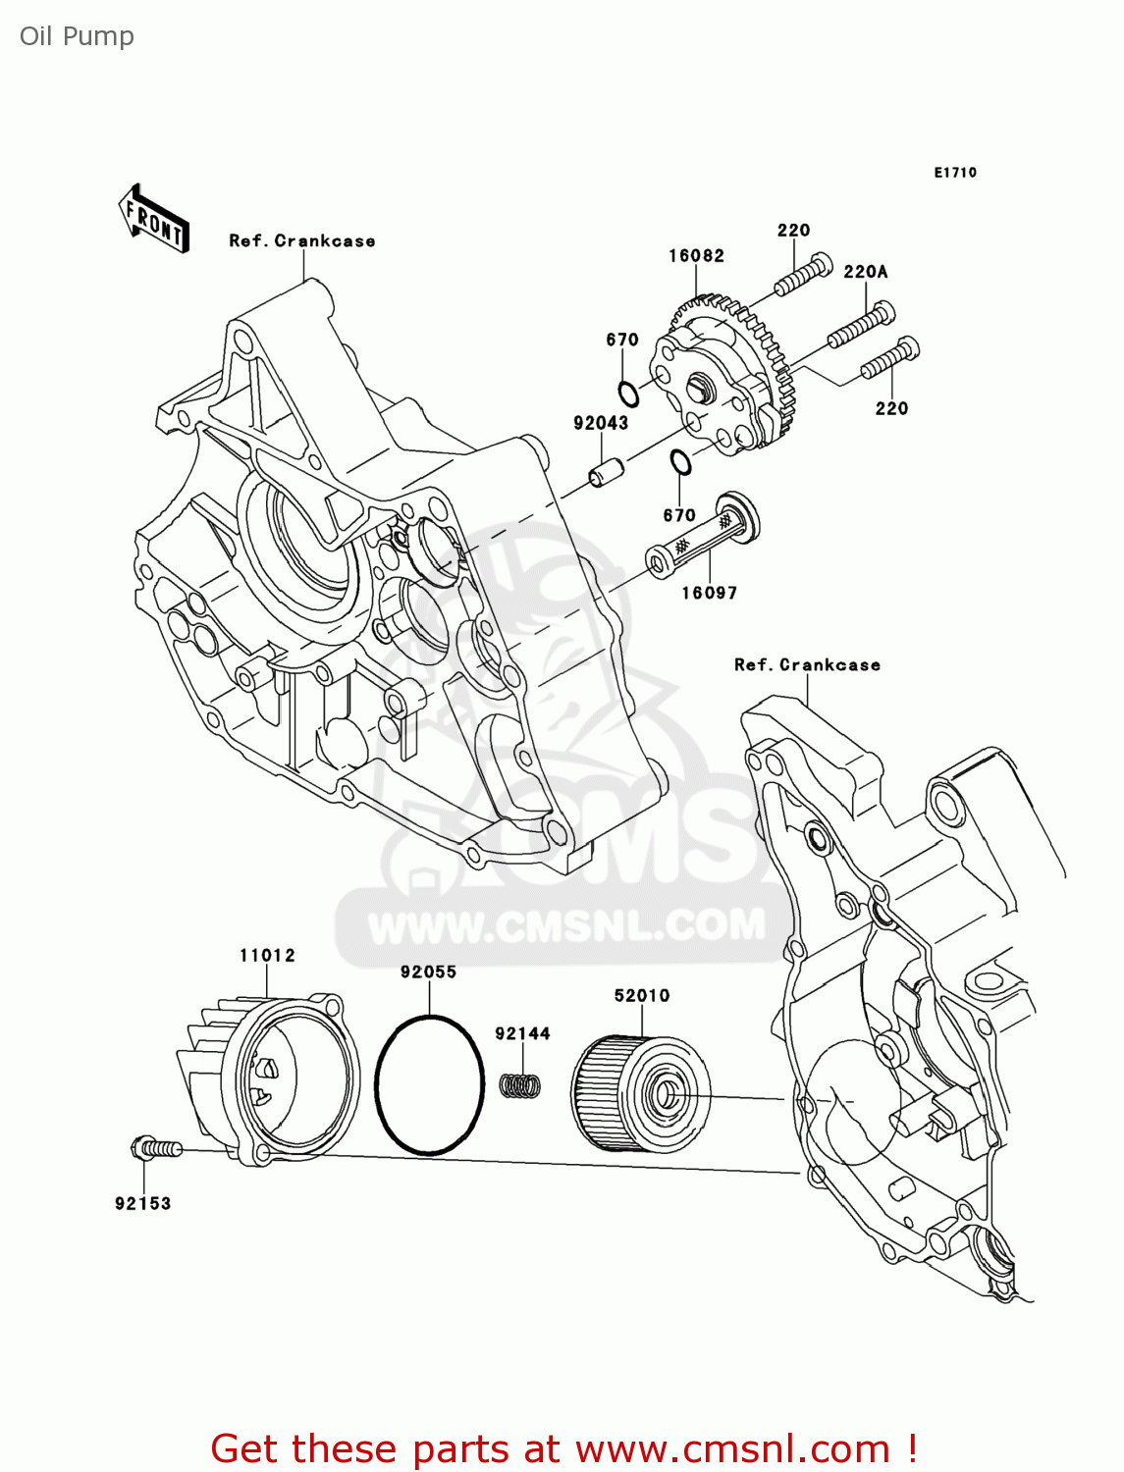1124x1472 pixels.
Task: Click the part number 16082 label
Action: click(696, 256)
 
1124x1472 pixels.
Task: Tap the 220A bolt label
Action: click(865, 272)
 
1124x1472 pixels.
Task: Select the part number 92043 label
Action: click(601, 423)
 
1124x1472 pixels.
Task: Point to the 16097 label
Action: click(709, 593)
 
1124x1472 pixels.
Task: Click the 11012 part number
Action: click(267, 955)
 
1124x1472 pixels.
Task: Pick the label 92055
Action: click(428, 972)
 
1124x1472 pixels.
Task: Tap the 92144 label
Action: click(522, 1033)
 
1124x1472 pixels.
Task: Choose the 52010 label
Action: click(642, 995)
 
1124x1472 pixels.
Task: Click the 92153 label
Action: click(142, 1203)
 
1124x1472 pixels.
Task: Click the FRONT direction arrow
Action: click(154, 219)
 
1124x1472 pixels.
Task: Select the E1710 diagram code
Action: click(955, 173)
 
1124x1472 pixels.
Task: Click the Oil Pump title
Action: click(77, 36)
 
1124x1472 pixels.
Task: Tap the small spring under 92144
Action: click(521, 1085)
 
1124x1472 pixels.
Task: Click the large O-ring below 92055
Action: click(429, 1084)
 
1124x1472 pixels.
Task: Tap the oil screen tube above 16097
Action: click(702, 539)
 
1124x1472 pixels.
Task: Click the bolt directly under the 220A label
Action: click(862, 327)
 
